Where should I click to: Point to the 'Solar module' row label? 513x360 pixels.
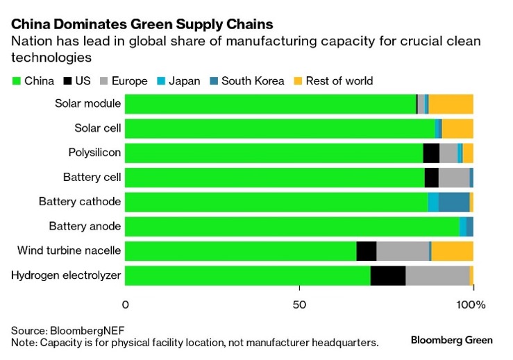point(88,104)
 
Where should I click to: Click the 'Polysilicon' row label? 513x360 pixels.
point(94,153)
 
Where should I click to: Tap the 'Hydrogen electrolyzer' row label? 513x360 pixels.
point(66,275)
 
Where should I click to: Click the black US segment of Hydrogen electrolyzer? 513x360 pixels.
point(388,275)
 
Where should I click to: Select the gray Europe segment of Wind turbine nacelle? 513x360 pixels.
point(403,251)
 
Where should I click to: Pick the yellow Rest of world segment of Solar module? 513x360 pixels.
point(451,104)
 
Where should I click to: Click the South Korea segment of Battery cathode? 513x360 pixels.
point(454,202)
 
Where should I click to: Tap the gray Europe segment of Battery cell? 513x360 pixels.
point(454,178)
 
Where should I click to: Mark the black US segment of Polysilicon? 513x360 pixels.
point(431,153)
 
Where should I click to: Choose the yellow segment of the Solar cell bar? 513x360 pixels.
point(457,128)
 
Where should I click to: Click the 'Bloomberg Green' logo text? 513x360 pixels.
point(452,340)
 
